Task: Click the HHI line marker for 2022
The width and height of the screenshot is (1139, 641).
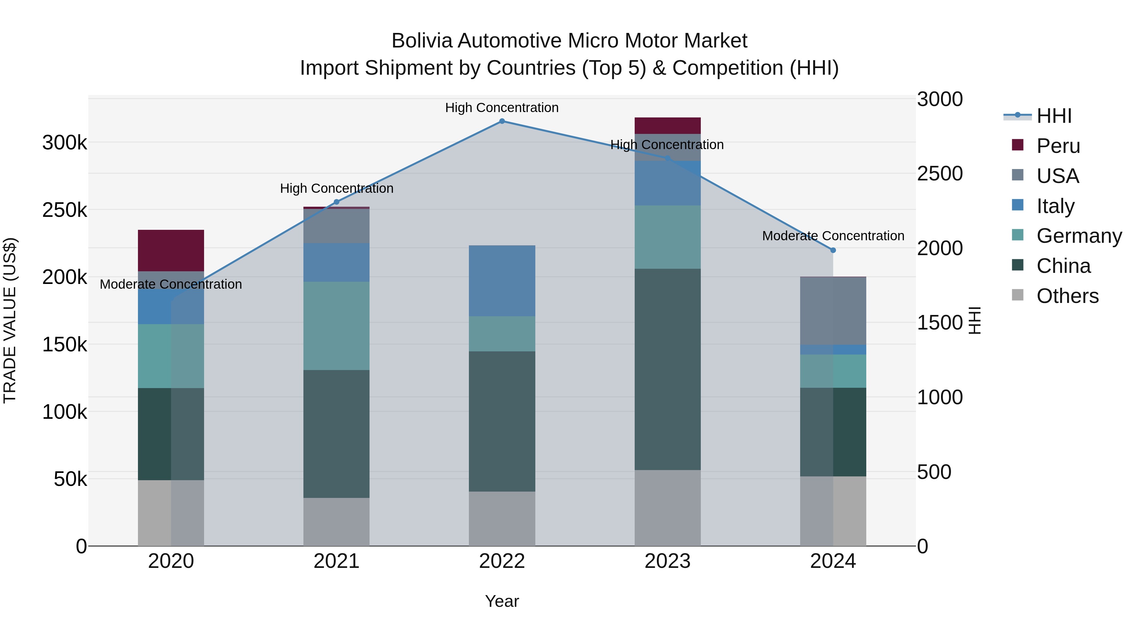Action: click(502, 121)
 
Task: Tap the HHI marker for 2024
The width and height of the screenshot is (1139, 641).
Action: click(833, 250)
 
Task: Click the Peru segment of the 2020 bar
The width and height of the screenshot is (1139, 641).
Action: click(171, 250)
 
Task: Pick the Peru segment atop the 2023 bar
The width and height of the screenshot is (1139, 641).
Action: click(668, 126)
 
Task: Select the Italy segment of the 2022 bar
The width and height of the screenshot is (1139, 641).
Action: click(502, 281)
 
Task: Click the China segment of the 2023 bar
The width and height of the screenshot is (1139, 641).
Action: click(668, 369)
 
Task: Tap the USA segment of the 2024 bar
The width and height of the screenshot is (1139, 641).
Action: click(833, 311)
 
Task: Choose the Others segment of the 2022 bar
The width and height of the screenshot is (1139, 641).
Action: click(502, 518)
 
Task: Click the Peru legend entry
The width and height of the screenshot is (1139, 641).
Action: click(1058, 146)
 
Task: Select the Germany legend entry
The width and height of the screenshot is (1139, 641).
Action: click(1079, 236)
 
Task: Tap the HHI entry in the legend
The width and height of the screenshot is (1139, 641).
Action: click(1054, 116)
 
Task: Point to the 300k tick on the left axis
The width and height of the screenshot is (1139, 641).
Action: click(65, 143)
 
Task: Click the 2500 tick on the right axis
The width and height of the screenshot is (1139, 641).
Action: click(940, 173)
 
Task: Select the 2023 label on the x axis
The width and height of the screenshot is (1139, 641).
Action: click(668, 561)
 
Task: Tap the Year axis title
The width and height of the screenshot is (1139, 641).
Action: click(502, 601)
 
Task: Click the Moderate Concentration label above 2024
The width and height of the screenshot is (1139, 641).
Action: click(833, 236)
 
